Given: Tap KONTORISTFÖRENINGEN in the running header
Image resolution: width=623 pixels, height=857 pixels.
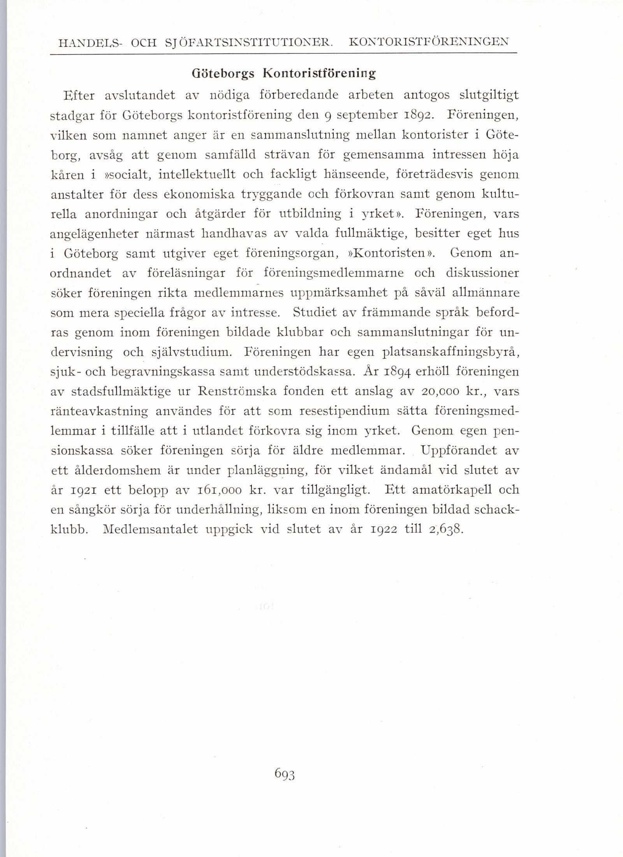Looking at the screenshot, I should pyautogui.click(x=429, y=42).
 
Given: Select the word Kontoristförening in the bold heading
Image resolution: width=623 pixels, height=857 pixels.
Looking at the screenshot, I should pyautogui.click(x=320, y=74).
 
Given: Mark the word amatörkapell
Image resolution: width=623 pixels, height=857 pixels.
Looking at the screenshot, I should pyautogui.click(x=445, y=490).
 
